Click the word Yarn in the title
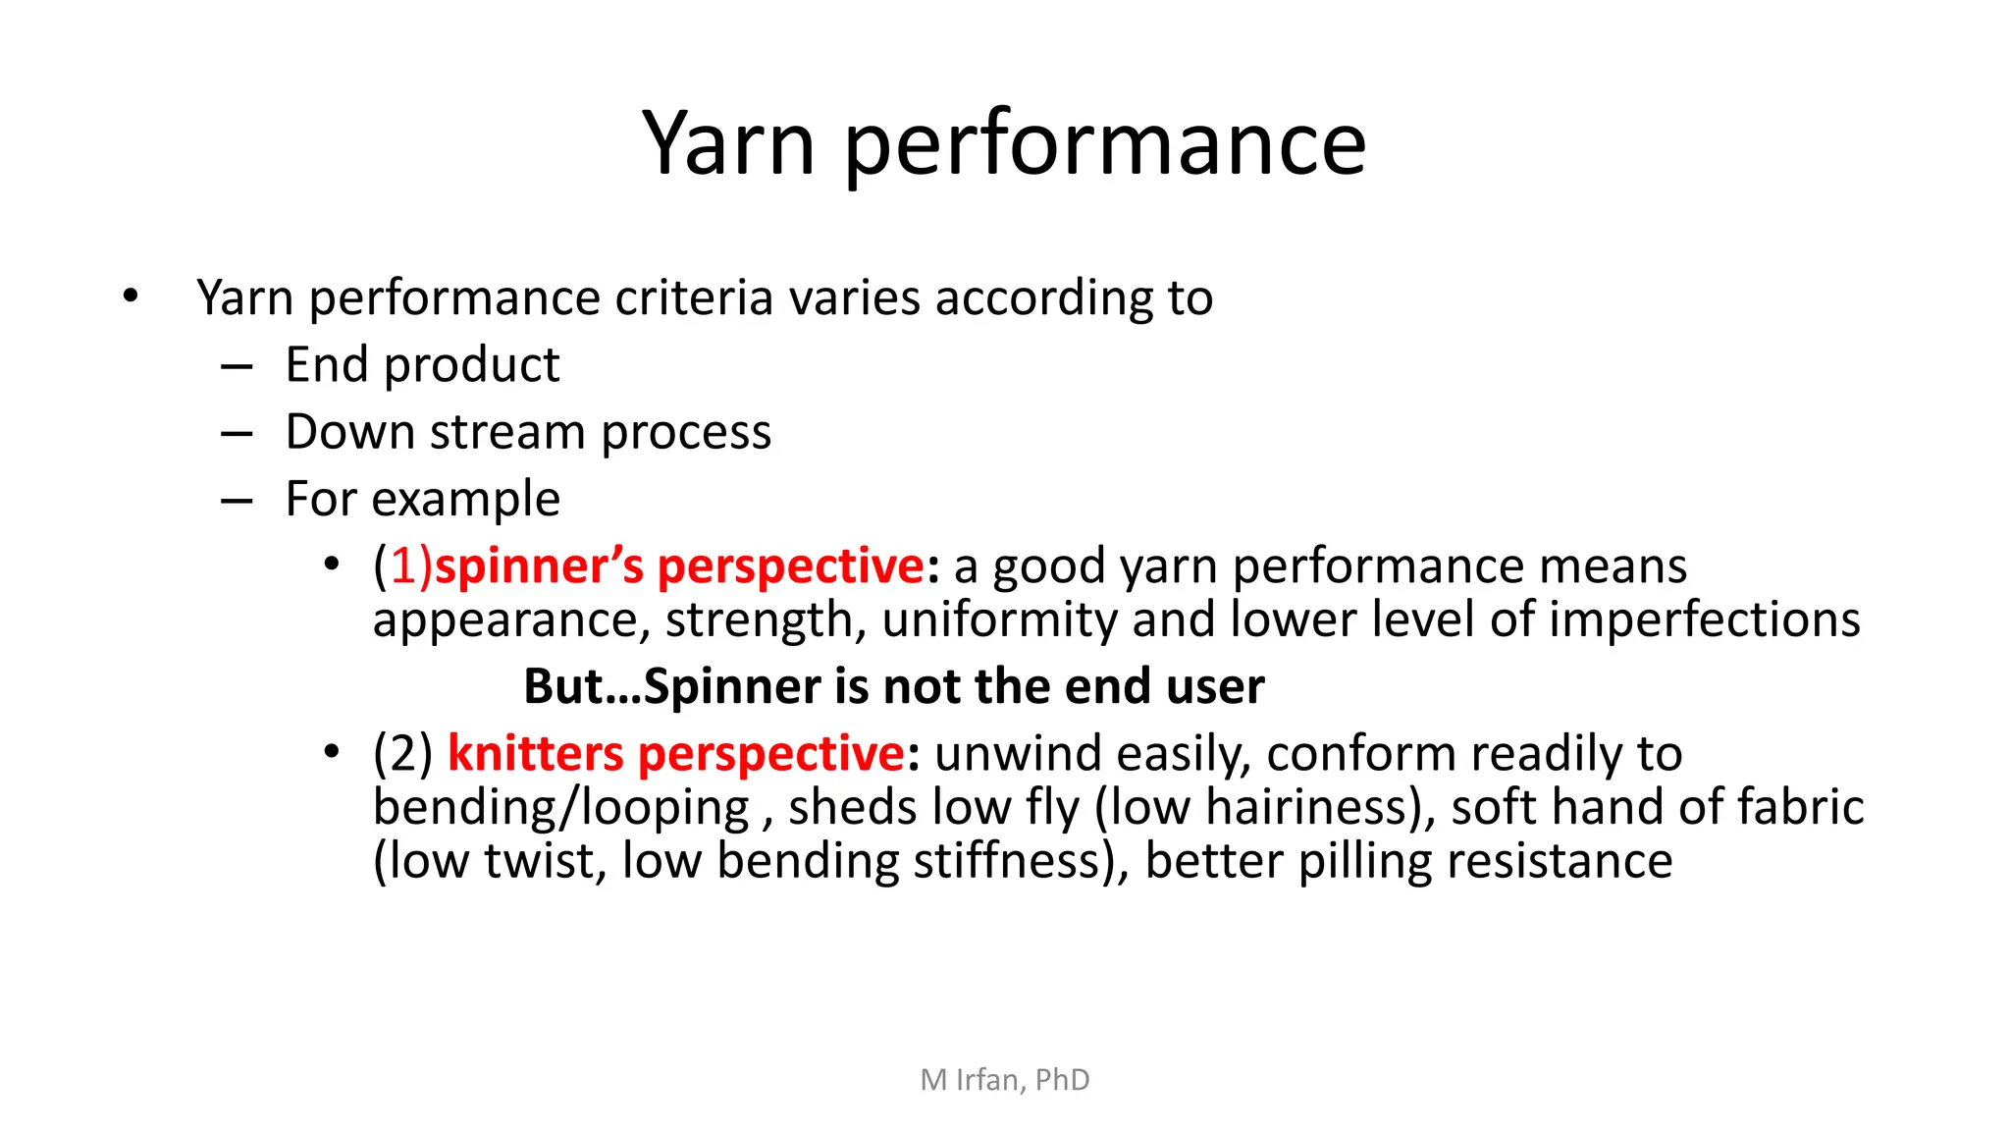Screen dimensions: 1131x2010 (x=728, y=143)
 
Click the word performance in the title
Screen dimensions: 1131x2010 (x=1104, y=147)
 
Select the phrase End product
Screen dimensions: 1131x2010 (x=422, y=365)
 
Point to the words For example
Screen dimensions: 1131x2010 (x=422, y=499)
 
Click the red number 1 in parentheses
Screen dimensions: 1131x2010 (x=404, y=566)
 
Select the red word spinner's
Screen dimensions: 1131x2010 (x=539, y=566)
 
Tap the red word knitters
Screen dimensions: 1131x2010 (x=535, y=754)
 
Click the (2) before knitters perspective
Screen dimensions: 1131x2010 (x=402, y=754)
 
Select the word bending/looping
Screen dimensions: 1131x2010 (x=561, y=808)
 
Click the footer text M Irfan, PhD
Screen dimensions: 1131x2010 (x=1004, y=1080)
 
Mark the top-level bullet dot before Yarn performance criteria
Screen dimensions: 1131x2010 (x=131, y=296)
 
